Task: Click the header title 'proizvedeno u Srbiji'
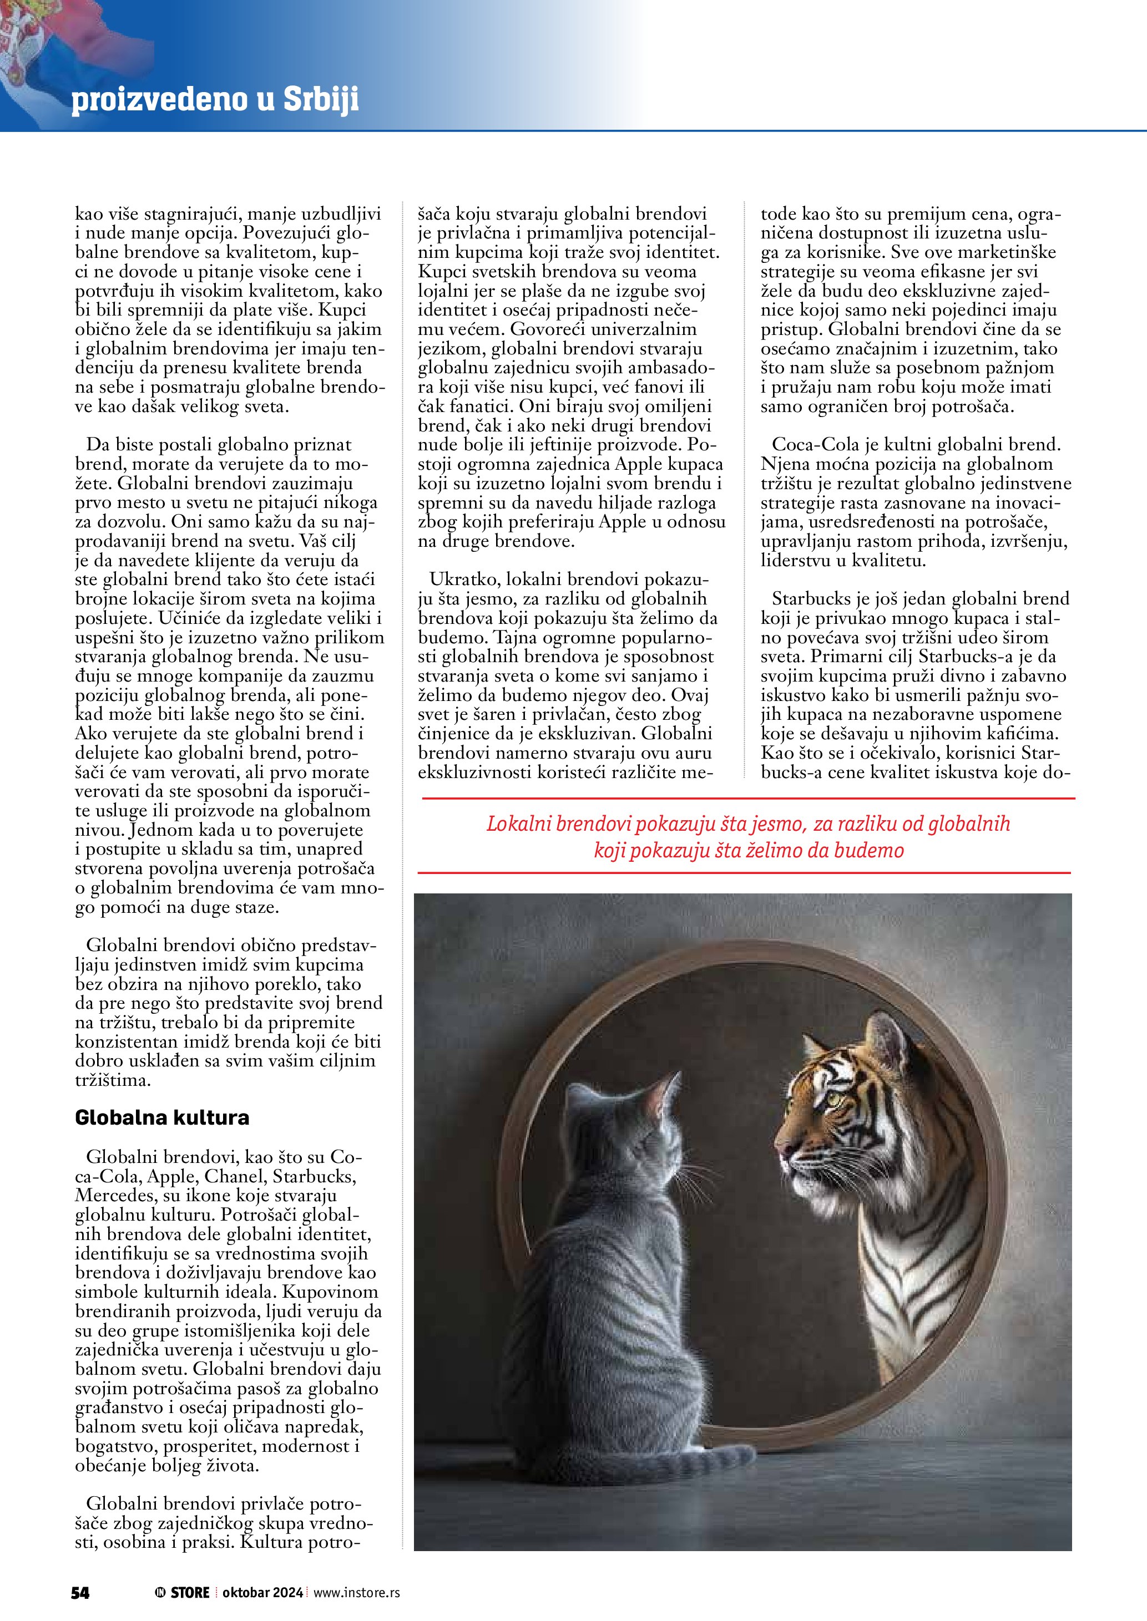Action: (x=215, y=100)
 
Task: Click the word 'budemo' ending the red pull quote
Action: (x=869, y=851)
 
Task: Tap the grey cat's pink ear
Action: (x=660, y=1098)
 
